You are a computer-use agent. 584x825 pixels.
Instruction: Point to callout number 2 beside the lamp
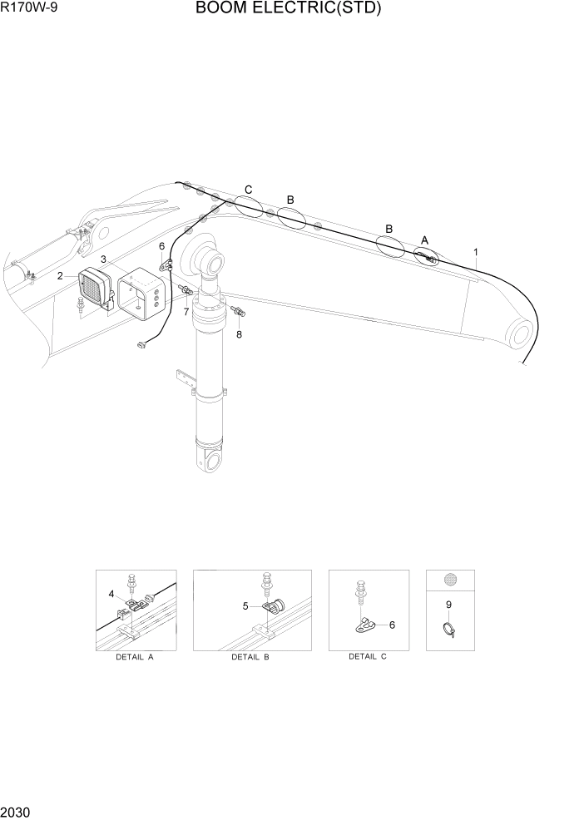60,275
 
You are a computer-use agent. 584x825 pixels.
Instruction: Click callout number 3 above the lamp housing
104,259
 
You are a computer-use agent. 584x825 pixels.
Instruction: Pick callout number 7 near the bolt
186,312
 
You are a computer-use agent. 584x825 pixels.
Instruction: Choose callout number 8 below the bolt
240,333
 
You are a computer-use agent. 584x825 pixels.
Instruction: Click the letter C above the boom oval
248,190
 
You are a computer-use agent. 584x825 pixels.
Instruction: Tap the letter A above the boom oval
424,240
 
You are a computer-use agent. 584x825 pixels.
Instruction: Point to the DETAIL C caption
367,657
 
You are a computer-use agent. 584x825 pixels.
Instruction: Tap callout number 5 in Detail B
245,606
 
